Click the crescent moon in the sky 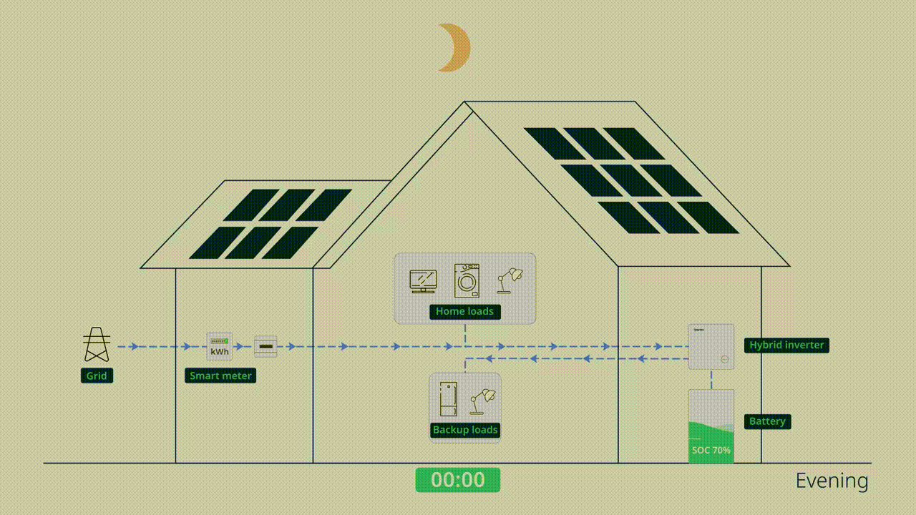pos(455,48)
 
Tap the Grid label pos(97,376)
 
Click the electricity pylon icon pos(97,345)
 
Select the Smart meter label pos(220,376)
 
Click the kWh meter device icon pos(220,347)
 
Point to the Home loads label pos(464,311)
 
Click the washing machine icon pos(467,280)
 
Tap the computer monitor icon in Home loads pos(423,281)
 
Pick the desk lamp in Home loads pos(510,280)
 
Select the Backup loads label pos(465,430)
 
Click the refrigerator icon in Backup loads pos(447,400)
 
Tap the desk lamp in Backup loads pos(482,401)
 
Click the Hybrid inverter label pos(786,345)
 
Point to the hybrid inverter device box pos(711,346)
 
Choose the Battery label pos(767,421)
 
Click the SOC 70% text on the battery pos(711,451)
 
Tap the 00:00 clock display pos(458,480)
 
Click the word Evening pos(832,481)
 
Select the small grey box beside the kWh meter pos(265,347)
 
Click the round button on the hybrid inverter pos(725,360)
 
